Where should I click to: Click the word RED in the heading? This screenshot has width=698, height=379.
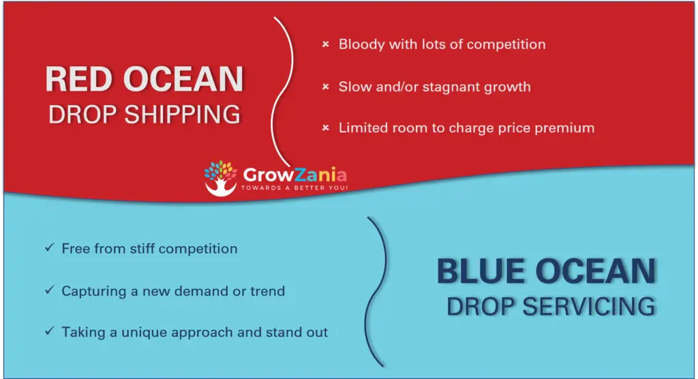(79, 79)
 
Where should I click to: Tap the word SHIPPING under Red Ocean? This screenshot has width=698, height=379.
(182, 115)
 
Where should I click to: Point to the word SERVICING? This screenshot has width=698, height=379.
(588, 307)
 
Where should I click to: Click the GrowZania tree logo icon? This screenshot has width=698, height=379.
(220, 178)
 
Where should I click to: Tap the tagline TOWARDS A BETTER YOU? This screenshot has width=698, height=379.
(294, 188)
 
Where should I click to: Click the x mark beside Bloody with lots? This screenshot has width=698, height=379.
(326, 44)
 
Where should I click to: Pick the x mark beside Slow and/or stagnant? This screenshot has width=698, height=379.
(326, 87)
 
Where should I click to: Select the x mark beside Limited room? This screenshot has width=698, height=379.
(326, 128)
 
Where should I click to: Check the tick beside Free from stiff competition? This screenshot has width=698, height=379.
(49, 247)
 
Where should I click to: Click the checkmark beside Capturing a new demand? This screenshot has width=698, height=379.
(49, 290)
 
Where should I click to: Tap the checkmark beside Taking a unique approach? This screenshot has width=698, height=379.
(49, 331)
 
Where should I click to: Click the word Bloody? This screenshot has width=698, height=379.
(361, 44)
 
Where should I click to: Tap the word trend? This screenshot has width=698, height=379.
(267, 291)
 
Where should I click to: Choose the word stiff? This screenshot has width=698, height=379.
(142, 249)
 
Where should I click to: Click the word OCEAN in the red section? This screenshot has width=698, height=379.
(183, 79)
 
